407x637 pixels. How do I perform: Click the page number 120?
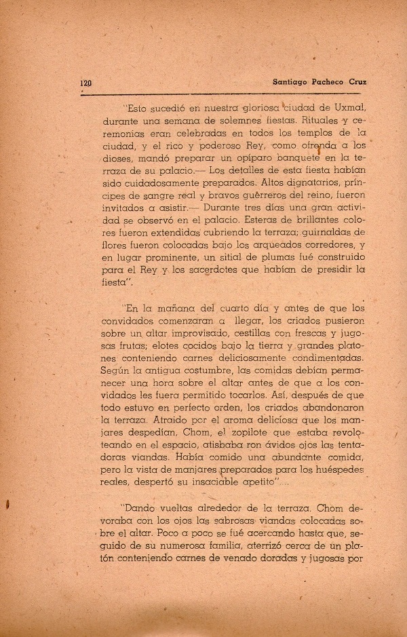click(85, 83)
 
